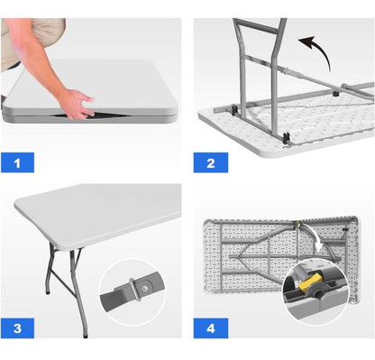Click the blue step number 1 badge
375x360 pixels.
(17, 162)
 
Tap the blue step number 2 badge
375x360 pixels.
(211, 162)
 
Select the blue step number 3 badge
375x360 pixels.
(17, 328)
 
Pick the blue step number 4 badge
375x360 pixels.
(211, 328)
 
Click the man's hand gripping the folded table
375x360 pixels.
(77, 104)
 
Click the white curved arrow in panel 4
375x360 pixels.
(316, 237)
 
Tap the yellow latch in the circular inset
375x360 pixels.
(307, 282)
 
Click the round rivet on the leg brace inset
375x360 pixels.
(145, 289)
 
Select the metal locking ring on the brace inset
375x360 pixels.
(135, 290)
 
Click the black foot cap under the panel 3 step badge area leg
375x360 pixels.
(86, 335)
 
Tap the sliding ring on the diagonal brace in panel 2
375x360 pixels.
(286, 71)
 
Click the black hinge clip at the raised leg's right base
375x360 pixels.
(286, 138)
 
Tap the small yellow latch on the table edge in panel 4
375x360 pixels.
(297, 223)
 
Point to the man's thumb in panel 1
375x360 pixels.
(88, 98)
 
